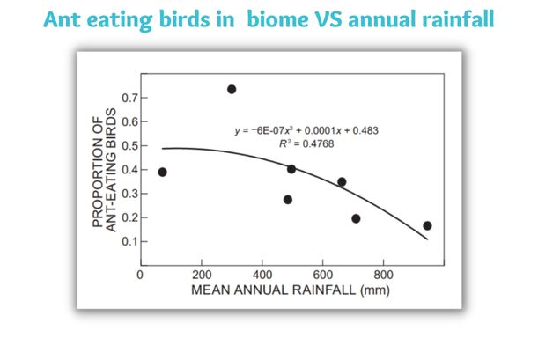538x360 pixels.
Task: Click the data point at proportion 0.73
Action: point(232,89)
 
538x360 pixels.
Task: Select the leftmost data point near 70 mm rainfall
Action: point(162,173)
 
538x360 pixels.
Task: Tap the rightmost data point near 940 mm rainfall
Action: point(427,226)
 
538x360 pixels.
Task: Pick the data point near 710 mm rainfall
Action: point(356,218)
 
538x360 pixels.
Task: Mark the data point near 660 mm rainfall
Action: point(342,182)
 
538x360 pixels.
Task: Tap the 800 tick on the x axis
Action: point(383,274)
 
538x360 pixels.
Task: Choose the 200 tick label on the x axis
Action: point(201,274)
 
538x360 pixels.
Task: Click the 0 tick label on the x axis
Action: point(140,274)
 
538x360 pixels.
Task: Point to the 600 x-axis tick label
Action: point(322,274)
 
